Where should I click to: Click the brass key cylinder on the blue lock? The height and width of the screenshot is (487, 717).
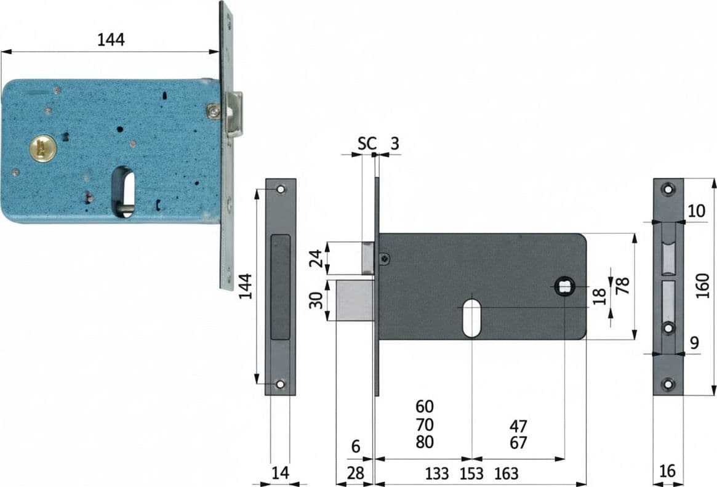point(44,148)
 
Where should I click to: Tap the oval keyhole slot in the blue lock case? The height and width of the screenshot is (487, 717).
point(123,191)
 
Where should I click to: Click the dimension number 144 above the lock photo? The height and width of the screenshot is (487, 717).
point(111,40)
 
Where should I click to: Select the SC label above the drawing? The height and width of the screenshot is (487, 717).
point(367,143)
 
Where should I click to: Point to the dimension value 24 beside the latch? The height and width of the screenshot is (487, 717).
point(315,258)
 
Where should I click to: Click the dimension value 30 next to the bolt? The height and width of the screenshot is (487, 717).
point(316,300)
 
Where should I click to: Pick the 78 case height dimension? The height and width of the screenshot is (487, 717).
point(622,285)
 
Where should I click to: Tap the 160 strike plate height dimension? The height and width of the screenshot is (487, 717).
point(702,286)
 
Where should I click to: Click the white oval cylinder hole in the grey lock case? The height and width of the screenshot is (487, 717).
point(471,318)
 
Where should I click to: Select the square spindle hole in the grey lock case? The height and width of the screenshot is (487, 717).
point(564,287)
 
